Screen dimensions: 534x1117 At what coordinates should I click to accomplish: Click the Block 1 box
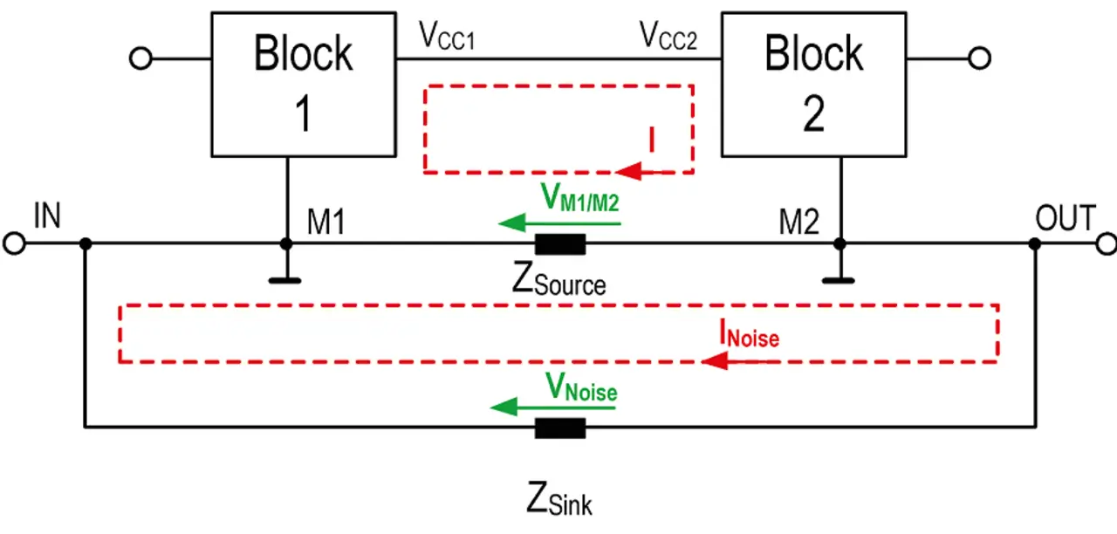[304, 85]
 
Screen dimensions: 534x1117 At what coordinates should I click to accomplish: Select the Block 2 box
[813, 85]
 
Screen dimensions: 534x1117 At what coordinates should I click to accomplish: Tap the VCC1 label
[448, 36]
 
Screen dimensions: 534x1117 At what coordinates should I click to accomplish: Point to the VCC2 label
[668, 36]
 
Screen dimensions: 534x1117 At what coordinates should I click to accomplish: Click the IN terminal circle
[15, 243]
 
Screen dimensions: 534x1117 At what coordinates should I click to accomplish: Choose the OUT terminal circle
[1106, 243]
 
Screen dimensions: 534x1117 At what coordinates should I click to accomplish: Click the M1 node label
[326, 222]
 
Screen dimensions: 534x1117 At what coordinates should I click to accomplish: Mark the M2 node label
[799, 222]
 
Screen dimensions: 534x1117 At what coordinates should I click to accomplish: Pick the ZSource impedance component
[559, 244]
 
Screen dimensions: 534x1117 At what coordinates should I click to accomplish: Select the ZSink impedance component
[559, 428]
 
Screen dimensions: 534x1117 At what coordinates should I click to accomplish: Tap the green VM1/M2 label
[580, 199]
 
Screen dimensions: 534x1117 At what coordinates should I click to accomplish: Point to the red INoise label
[749, 333]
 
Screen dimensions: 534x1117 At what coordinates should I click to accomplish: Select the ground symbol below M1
[285, 280]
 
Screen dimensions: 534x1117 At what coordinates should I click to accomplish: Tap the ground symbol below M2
[839, 280]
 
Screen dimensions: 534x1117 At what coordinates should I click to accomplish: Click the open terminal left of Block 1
[140, 58]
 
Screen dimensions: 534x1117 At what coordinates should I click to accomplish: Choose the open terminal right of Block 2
[979, 58]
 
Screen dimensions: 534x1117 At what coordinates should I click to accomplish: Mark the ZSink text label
[559, 501]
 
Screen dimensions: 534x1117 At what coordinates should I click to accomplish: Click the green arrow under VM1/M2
[559, 224]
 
